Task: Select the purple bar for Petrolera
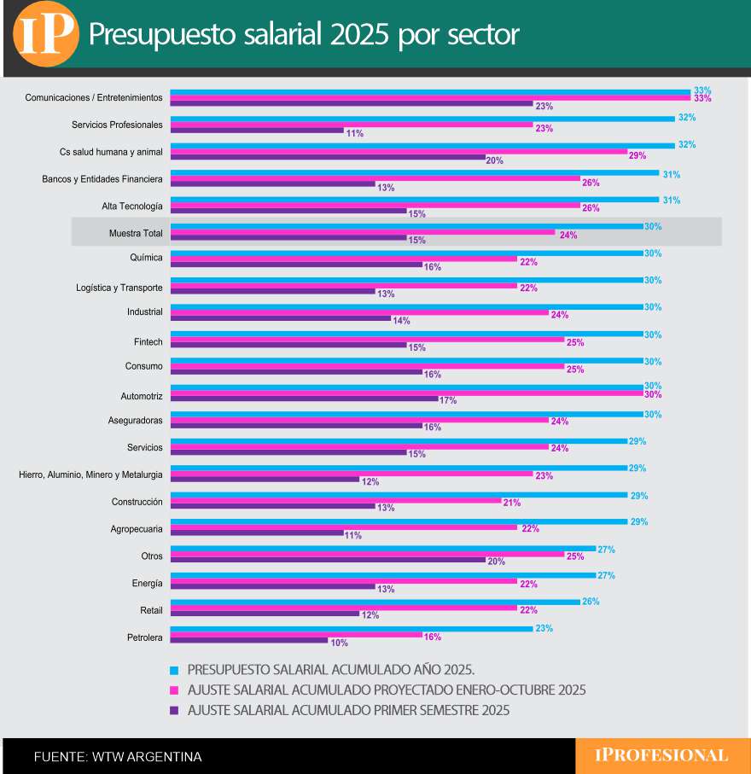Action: (x=249, y=640)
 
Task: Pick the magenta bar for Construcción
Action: (x=335, y=502)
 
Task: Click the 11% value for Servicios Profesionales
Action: (x=354, y=133)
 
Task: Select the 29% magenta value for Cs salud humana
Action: (x=637, y=155)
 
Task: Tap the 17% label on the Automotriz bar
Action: (x=448, y=400)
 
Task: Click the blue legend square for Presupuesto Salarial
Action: (x=175, y=671)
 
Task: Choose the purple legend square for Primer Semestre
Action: (x=175, y=710)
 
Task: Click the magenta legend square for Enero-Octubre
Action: (x=175, y=690)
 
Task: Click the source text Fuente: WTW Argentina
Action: (x=118, y=757)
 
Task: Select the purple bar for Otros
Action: (x=328, y=560)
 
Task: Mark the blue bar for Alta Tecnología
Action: (x=415, y=200)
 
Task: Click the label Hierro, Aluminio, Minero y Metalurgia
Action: (x=90, y=474)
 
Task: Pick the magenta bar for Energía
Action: (x=343, y=582)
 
